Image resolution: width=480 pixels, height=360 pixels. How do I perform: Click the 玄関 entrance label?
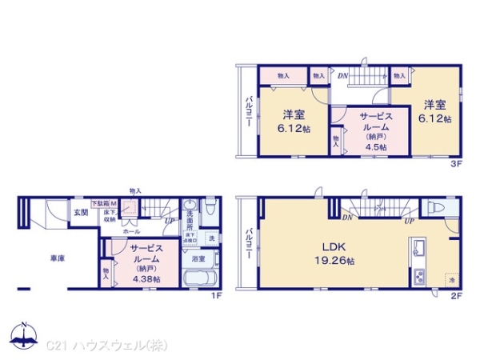(82, 213)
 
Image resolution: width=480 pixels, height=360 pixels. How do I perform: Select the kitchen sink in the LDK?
(418, 252)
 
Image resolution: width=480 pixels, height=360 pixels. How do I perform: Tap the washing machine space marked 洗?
(211, 238)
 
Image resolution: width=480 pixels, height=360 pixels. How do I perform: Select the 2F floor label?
(456, 295)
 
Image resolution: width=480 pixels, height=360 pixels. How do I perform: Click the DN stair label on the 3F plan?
(342, 76)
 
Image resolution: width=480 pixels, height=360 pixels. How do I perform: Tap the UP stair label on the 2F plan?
(409, 220)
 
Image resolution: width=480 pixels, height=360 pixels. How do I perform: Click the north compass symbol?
(24, 335)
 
